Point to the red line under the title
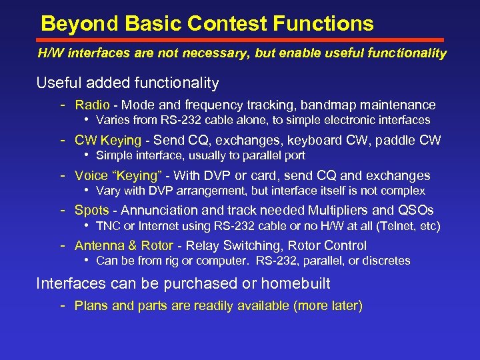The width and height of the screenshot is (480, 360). pyautogui.click(x=240, y=40)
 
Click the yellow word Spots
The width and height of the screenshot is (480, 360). pyautogui.click(x=91, y=210)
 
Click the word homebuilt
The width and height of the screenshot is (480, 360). pyautogui.click(x=295, y=283)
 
